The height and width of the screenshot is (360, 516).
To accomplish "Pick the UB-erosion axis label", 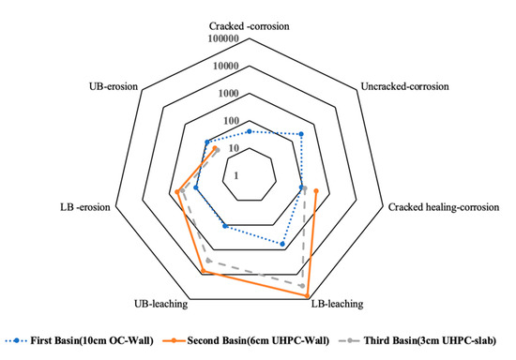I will [113, 87].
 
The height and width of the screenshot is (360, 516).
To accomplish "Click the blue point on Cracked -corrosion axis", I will [250, 131].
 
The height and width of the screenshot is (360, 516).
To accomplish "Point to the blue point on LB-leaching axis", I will [282, 244].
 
